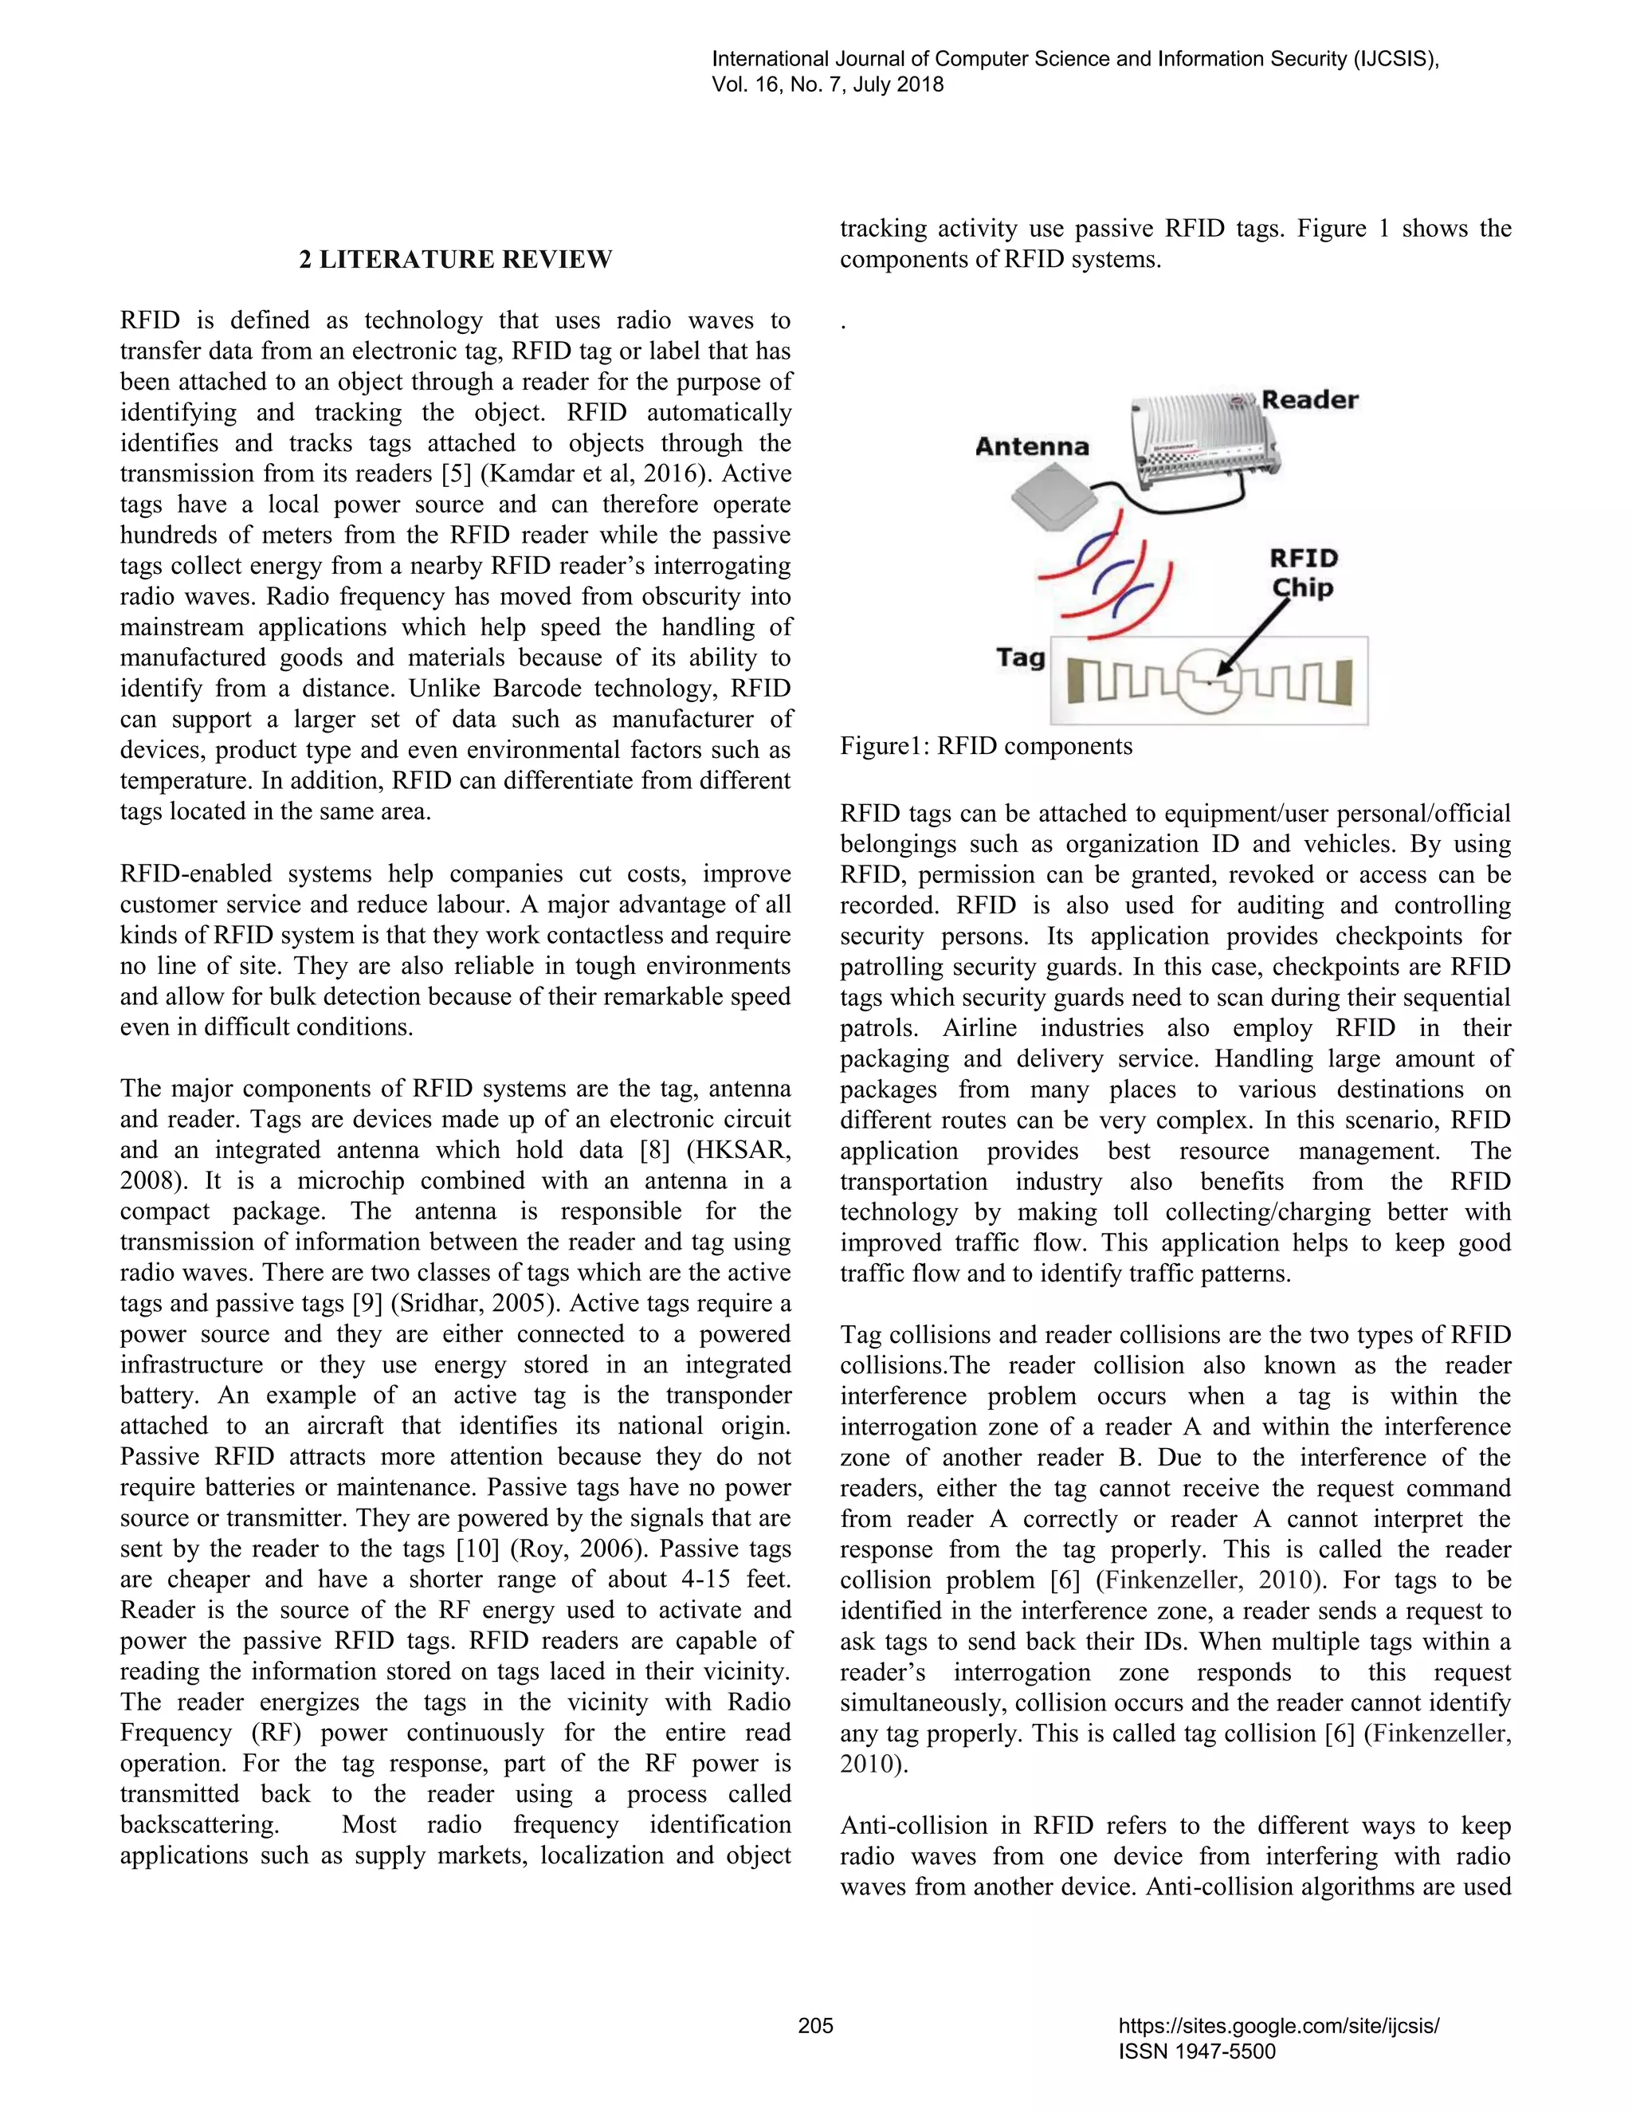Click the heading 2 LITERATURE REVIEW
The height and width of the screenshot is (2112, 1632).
tap(454, 259)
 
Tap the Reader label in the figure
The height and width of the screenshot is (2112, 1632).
tap(1309, 400)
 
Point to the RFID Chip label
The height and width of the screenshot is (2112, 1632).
tap(1302, 572)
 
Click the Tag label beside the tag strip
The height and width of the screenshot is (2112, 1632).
tap(1021, 658)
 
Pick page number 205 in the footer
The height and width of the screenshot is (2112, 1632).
tap(815, 2025)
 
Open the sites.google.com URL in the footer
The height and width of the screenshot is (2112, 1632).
tap(1278, 2025)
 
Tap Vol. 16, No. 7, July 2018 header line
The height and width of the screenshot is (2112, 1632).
tap(828, 84)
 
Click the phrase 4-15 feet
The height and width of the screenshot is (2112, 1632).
tap(738, 1579)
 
